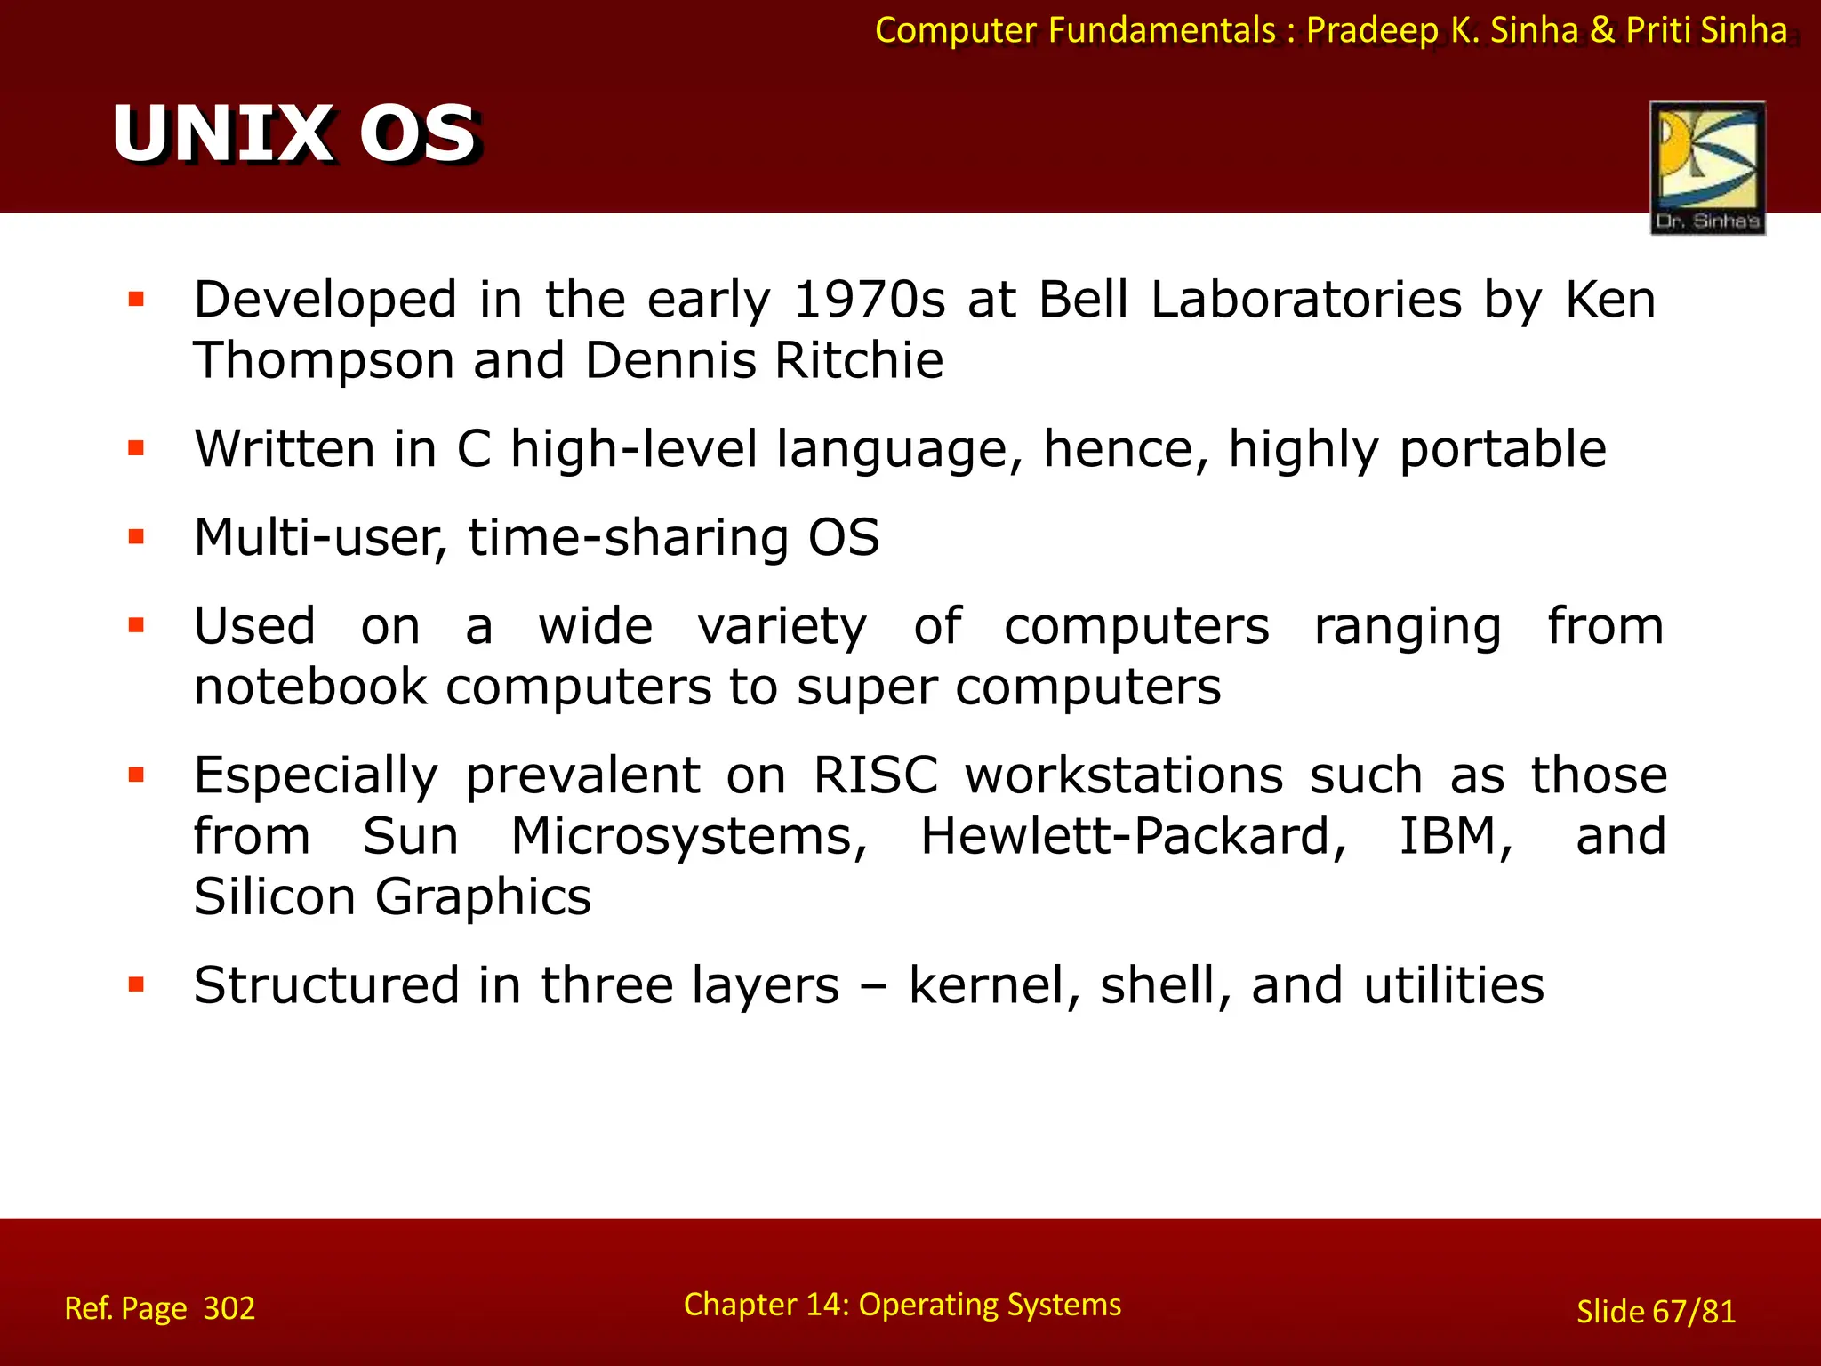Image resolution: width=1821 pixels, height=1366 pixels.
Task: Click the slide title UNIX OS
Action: [x=296, y=133]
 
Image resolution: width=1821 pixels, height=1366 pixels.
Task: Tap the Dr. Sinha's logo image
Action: [x=1707, y=167]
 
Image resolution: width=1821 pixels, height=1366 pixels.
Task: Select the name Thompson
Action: [x=324, y=361]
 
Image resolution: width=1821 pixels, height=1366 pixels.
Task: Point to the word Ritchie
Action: [x=858, y=361]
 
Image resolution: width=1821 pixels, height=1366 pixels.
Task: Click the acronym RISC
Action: [x=875, y=775]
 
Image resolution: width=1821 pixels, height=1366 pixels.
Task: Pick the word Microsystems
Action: [x=689, y=837]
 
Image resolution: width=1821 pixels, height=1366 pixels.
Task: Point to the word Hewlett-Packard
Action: [x=1133, y=837]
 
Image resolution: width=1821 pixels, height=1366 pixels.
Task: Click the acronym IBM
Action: [x=1455, y=837]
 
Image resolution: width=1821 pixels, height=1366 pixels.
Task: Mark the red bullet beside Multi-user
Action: [x=136, y=536]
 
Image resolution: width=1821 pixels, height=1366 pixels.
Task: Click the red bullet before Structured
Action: [x=136, y=984]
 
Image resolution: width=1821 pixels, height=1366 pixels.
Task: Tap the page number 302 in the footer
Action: [x=229, y=1308]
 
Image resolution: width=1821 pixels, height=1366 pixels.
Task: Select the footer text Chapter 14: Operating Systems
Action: [x=902, y=1305]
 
